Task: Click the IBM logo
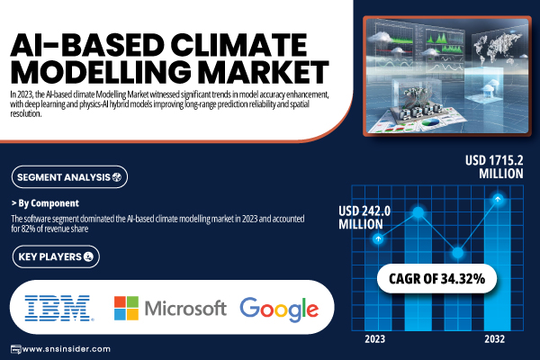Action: tap(58, 308)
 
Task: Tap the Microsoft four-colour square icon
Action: tap(126, 308)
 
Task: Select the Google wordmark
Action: tap(279, 309)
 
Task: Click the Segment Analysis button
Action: tap(69, 177)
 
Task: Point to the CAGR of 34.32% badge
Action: tap(436, 278)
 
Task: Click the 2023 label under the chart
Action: tap(374, 339)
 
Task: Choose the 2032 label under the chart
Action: tap(494, 339)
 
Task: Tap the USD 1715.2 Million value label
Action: tap(494, 167)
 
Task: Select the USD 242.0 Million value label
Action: tap(364, 218)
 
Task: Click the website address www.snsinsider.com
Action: tap(66, 349)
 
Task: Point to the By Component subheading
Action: tap(45, 203)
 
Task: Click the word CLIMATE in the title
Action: tap(238, 45)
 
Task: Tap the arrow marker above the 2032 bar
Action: tap(498, 199)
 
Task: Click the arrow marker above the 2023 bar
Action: tap(378, 238)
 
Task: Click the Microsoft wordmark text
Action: tap(185, 308)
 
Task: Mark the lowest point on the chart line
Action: tap(458, 253)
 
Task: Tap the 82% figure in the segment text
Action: tap(28, 229)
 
